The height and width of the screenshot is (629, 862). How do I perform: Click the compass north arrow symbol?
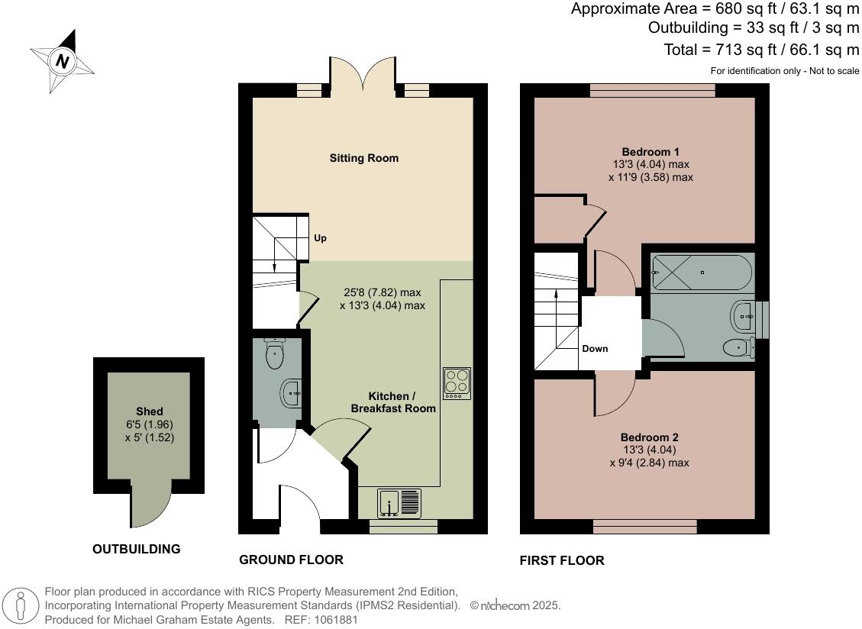[x=62, y=60]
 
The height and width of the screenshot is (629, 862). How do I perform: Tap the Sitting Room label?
[x=364, y=158]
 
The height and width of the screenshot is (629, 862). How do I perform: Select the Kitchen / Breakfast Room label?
[x=392, y=402]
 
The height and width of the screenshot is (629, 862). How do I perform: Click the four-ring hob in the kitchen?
[x=457, y=384]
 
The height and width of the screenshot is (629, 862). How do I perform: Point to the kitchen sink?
[x=399, y=503]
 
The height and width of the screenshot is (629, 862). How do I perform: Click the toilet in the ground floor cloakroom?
[x=274, y=353]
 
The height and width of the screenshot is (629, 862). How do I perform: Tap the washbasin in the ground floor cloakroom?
[x=292, y=394]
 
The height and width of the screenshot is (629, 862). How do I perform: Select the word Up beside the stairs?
[x=320, y=238]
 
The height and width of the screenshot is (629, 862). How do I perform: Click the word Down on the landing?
[x=595, y=349]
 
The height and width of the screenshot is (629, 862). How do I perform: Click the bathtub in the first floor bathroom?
[x=702, y=273]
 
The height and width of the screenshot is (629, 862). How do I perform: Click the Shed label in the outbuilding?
[x=149, y=411]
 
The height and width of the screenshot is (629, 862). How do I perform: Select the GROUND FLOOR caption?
[x=291, y=560]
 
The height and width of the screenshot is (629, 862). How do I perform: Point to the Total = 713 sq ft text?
[x=762, y=50]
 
